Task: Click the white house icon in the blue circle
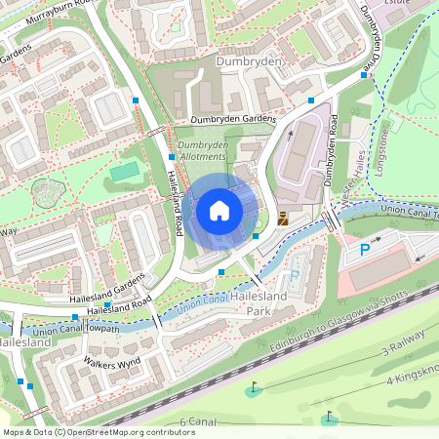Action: click(219, 211)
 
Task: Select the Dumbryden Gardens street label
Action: click(233, 119)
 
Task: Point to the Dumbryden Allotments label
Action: click(203, 151)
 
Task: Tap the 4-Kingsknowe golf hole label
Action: click(410, 378)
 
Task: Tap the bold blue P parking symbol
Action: click(365, 250)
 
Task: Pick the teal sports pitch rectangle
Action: click(124, 173)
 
